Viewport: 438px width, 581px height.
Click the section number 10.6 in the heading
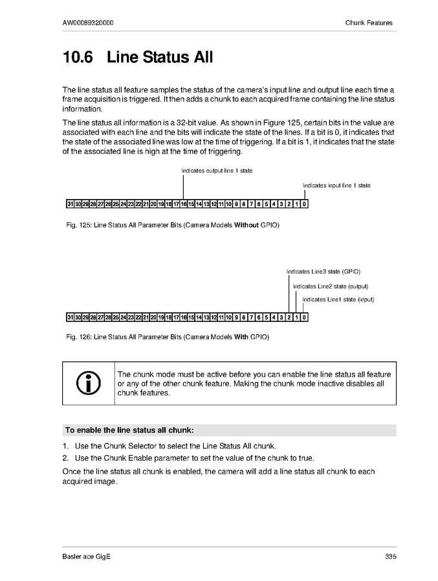[x=78, y=58]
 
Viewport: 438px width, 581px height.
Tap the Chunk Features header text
[x=369, y=23]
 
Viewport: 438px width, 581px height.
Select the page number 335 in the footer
[x=390, y=556]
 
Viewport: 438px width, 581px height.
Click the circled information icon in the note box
[x=88, y=384]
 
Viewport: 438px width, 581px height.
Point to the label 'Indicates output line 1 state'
[x=217, y=171]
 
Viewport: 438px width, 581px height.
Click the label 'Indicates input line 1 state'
[x=336, y=185]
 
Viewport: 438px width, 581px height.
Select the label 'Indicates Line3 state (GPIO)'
[x=323, y=271]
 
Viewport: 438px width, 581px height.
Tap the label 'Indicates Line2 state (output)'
[x=331, y=286]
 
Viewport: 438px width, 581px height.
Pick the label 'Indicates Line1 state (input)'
[x=338, y=299]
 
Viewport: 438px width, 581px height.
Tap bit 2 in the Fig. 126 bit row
[x=289, y=317]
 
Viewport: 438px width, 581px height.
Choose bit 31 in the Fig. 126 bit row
[x=70, y=317]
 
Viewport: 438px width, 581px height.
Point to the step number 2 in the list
[x=65, y=458]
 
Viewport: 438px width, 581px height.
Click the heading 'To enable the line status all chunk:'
[x=129, y=430]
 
